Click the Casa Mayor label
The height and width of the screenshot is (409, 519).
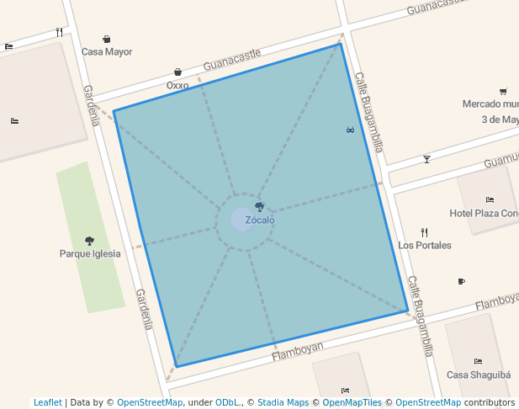pyautogui.click(x=107, y=51)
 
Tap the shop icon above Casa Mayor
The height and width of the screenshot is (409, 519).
pyautogui.click(x=107, y=39)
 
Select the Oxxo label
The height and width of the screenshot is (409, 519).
pyautogui.click(x=177, y=85)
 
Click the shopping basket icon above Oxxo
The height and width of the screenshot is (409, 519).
pyautogui.click(x=177, y=72)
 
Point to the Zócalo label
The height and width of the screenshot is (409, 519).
pyautogui.click(x=260, y=220)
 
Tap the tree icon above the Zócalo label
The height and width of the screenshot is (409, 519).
pyautogui.click(x=260, y=207)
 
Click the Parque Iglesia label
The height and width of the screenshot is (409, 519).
pyautogui.click(x=90, y=253)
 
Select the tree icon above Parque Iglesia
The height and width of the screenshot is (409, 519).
pyautogui.click(x=90, y=241)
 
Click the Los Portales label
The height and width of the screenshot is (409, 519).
pyautogui.click(x=425, y=245)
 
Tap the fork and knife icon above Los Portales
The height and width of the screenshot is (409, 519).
pyautogui.click(x=425, y=232)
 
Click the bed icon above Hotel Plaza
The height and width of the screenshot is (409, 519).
pyautogui.click(x=490, y=200)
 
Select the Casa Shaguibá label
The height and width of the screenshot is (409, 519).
pyautogui.click(x=478, y=374)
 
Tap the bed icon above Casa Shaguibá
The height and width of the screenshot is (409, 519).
pyautogui.click(x=478, y=362)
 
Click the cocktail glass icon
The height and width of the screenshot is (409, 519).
pyautogui.click(x=426, y=159)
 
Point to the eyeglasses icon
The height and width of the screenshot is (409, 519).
pyautogui.click(x=350, y=130)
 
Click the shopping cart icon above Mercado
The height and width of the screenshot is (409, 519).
pyautogui.click(x=503, y=92)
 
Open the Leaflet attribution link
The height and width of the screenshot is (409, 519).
pyautogui.click(x=48, y=403)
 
